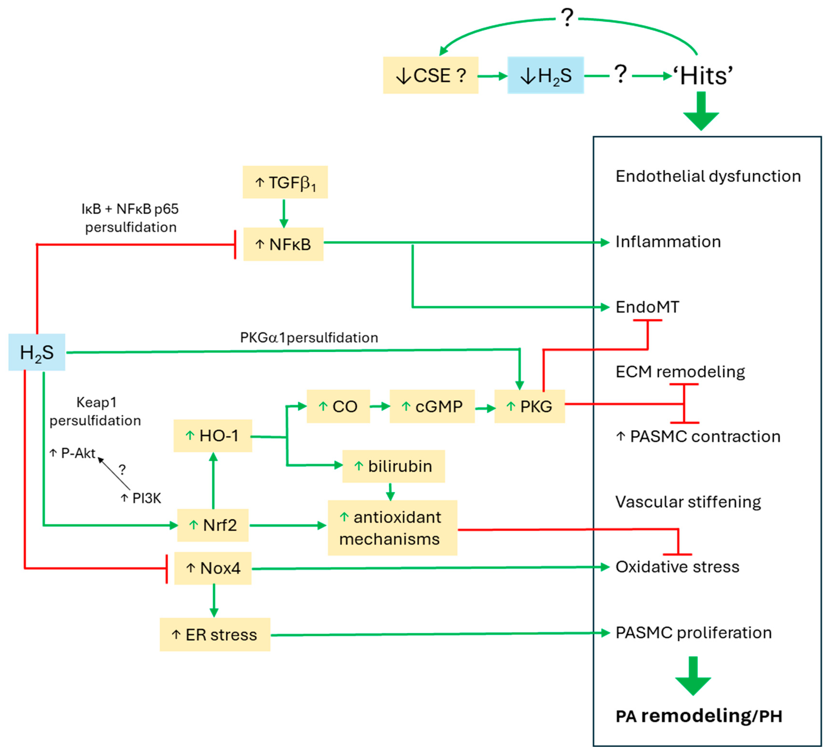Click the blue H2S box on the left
click(x=37, y=352)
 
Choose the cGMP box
click(x=432, y=406)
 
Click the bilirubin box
click(x=394, y=466)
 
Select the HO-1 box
click(x=213, y=436)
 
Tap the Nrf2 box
click(x=213, y=525)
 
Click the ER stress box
click(x=215, y=634)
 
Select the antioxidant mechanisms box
click(x=392, y=528)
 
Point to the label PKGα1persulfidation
click(x=309, y=338)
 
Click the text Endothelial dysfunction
click(x=708, y=176)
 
